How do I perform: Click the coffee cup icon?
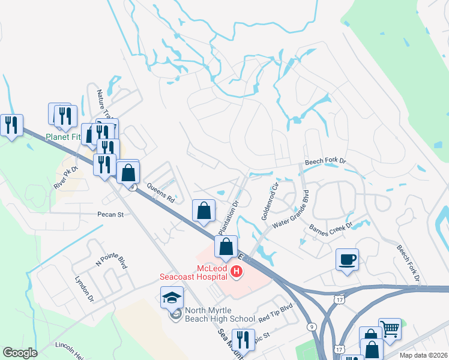(x=347, y=260)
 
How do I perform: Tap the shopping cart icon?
(x=390, y=329)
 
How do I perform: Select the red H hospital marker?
(x=237, y=272)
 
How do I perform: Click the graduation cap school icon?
(x=172, y=298)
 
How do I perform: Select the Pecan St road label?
(x=110, y=214)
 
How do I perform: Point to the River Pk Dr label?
(x=66, y=178)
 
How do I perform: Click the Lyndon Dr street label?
(x=84, y=289)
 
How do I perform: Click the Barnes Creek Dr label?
(x=331, y=229)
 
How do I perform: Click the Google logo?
(x=20, y=352)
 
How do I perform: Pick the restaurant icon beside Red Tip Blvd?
(x=243, y=340)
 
